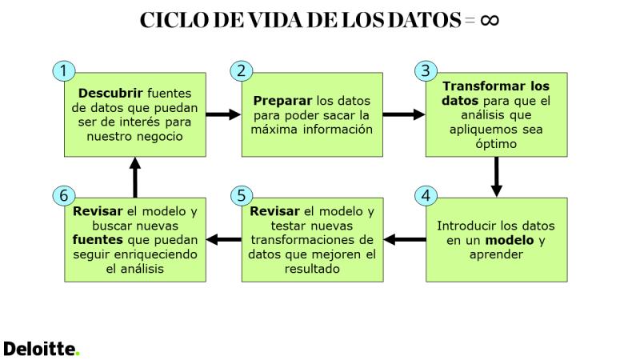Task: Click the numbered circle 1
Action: coord(64,70)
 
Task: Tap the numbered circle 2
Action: coord(242,70)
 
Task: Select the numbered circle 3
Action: coord(426,70)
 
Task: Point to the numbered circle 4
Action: coord(426,195)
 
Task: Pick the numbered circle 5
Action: coord(242,195)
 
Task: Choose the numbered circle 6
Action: coord(64,195)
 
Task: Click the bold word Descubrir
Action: coord(110,94)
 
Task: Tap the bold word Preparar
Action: coord(282,101)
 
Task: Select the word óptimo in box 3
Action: coord(496,144)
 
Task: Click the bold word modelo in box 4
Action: coord(510,240)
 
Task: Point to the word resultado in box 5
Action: coord(312,269)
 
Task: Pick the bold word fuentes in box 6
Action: coord(98,240)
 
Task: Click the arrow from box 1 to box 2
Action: coord(223,114)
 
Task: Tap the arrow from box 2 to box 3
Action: coord(404,114)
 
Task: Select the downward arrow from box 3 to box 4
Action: coord(496,177)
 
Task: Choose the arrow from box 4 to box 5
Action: coord(405,239)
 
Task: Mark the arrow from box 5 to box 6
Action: coord(224,239)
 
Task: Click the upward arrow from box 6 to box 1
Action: coord(135,178)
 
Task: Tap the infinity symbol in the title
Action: coord(490,19)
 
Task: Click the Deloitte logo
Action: coord(42,350)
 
